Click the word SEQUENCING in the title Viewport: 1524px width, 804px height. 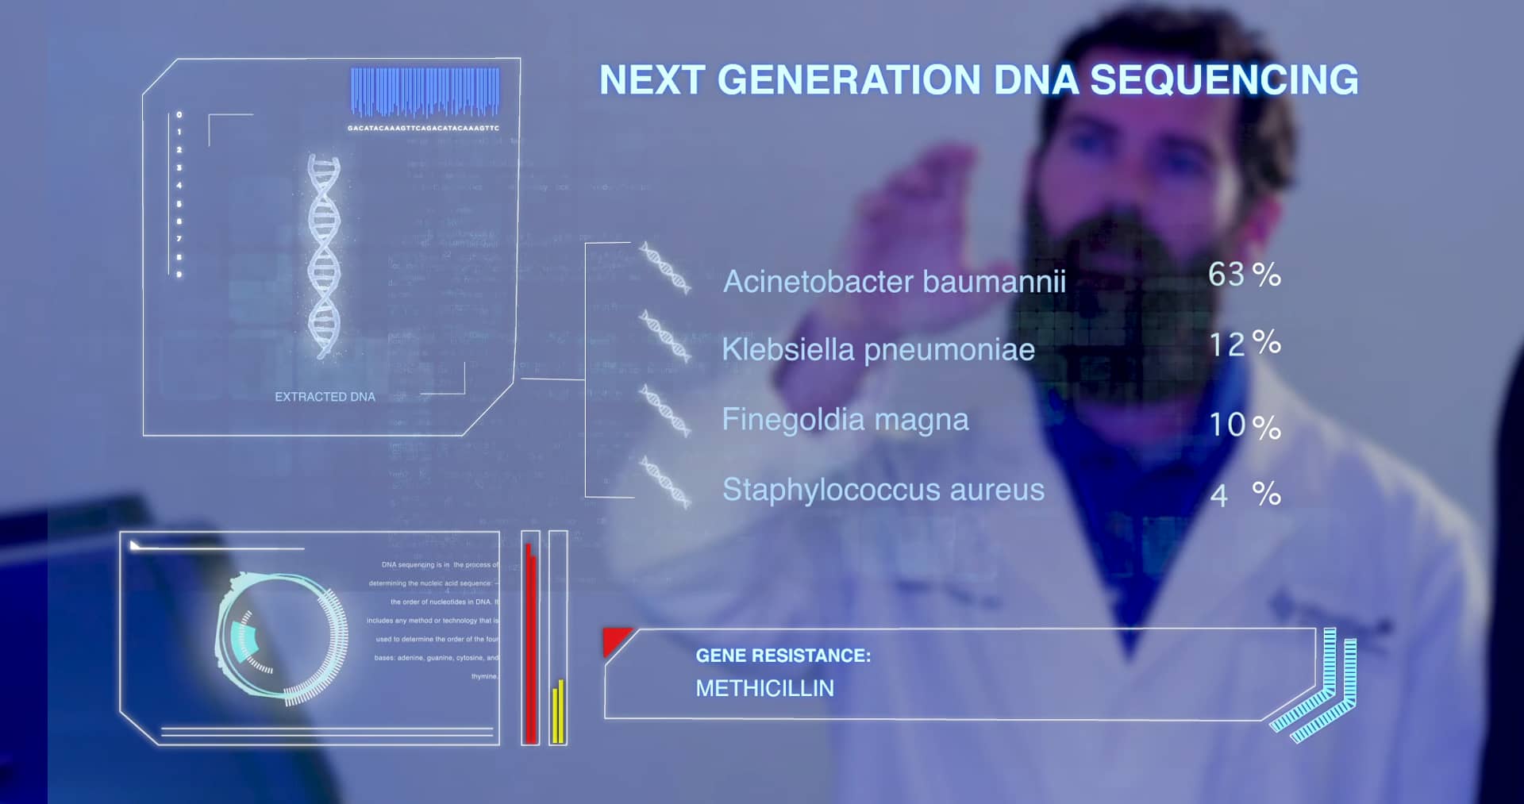point(1223,80)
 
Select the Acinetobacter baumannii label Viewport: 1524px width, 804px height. point(894,282)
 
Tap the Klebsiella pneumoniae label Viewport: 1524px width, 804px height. point(878,349)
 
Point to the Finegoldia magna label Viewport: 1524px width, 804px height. point(845,419)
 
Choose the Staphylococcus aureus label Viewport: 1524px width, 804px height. point(883,490)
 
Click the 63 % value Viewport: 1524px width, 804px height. point(1244,275)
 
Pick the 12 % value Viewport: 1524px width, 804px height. point(1244,344)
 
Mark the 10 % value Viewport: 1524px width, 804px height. point(1244,425)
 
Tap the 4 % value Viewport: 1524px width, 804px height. point(1244,494)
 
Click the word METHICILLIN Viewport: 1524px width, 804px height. point(764,688)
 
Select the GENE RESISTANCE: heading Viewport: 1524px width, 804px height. point(783,656)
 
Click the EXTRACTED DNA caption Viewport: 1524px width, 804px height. point(325,397)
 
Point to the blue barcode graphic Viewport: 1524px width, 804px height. point(425,90)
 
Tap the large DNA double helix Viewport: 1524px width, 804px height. point(324,256)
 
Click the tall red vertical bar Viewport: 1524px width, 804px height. point(530,643)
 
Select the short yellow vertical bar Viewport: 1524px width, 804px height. point(558,712)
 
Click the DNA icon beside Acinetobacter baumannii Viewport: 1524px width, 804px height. point(664,268)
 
